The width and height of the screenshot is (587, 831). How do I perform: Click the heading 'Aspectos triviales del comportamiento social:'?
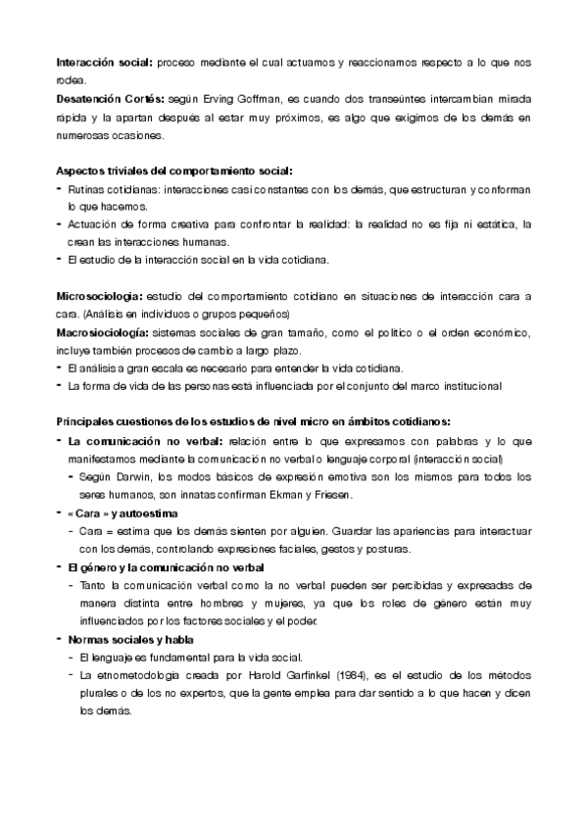coord(174,171)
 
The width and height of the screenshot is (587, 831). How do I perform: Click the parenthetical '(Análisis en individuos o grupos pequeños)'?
coord(192,314)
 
